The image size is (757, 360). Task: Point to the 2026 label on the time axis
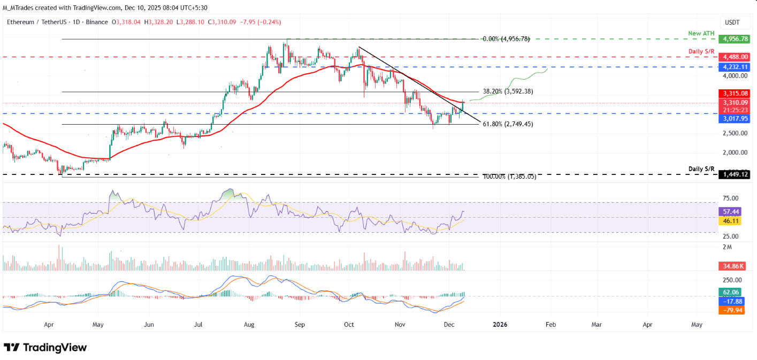point(500,324)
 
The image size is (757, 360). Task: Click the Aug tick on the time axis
point(248,324)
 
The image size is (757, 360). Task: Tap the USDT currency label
point(731,22)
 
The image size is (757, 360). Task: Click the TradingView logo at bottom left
point(45,348)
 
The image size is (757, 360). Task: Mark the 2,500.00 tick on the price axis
point(731,133)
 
